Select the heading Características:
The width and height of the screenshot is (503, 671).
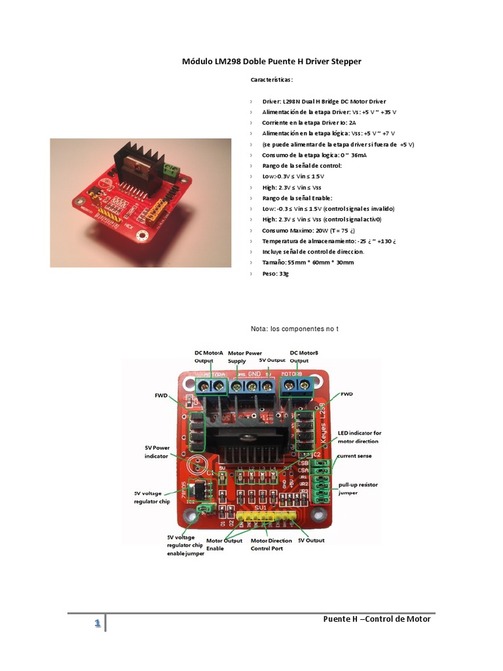(272, 80)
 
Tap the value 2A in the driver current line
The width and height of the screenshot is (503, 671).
(352, 123)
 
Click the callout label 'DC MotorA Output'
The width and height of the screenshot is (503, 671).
(209, 356)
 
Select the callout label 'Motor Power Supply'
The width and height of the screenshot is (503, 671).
(244, 356)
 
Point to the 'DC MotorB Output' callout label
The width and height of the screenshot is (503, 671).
(303, 356)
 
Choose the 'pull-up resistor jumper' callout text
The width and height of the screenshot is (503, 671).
(357, 488)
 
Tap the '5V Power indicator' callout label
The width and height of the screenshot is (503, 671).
(157, 451)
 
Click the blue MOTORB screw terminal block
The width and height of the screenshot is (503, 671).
(295, 387)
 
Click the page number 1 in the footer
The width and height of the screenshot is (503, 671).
(97, 623)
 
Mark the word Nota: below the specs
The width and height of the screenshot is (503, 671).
(260, 328)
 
